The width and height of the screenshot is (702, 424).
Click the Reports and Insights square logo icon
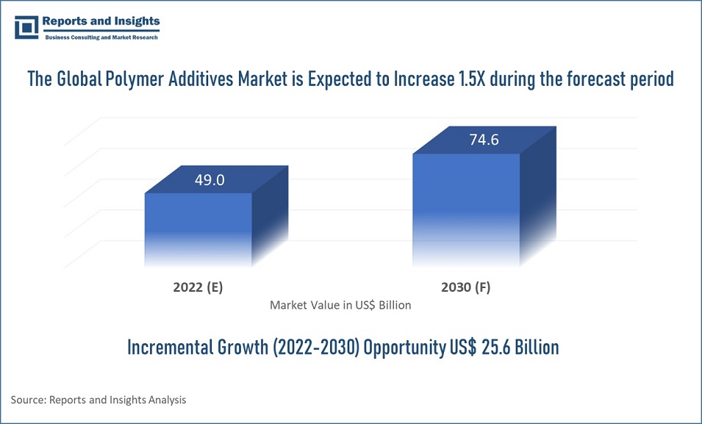[26, 28]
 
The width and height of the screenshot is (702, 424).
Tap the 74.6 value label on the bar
[484, 140]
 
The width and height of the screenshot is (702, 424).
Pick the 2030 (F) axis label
[467, 287]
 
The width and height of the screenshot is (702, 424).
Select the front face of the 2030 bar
[465, 206]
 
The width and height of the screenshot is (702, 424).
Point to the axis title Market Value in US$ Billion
[340, 304]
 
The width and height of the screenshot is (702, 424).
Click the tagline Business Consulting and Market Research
[101, 37]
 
